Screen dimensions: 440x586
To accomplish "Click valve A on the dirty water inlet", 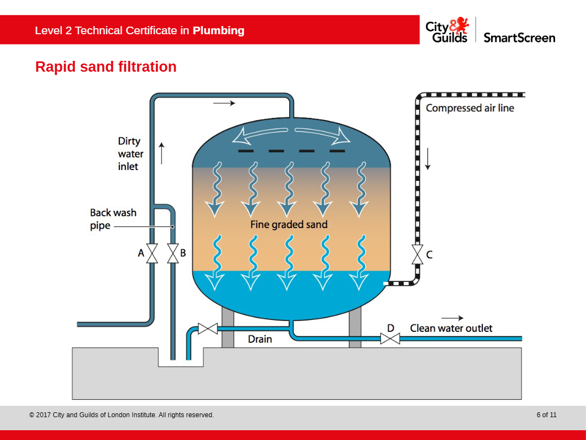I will point(152,254).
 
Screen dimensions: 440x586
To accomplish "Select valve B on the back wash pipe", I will point(173,254).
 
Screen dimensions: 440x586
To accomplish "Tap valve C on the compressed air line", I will point(417,254).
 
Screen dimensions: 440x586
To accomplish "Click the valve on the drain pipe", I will point(207,328).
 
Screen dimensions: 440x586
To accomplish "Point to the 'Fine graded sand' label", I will point(289,224).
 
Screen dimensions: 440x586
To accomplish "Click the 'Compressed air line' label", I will point(470,108).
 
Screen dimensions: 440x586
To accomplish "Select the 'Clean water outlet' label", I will point(451,328).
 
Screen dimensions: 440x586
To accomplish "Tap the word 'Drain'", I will point(260,339).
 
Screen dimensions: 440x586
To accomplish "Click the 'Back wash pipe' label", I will point(113,219).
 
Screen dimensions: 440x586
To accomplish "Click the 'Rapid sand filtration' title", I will point(106,67).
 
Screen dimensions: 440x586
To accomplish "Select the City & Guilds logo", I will point(447,30).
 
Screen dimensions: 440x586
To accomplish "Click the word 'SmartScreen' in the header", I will point(519,37).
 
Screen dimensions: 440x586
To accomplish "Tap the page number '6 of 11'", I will point(546,415).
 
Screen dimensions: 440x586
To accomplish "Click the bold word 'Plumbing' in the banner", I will point(218,30).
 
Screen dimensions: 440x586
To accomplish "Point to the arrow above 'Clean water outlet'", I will point(452,318).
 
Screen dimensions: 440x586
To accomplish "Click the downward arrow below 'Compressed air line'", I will point(428,159).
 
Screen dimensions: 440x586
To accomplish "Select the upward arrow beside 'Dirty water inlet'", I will point(161,153).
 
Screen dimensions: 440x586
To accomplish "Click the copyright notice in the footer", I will point(122,415).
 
